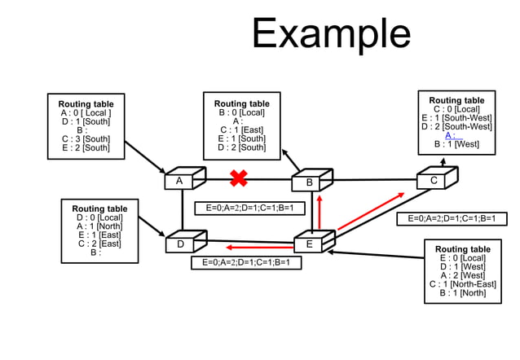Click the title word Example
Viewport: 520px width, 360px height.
click(x=331, y=33)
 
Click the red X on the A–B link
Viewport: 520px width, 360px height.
click(x=239, y=178)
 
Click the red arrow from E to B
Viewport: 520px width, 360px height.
click(x=319, y=212)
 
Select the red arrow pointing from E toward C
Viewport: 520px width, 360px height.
click(x=371, y=211)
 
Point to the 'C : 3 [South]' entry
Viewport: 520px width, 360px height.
click(x=86, y=138)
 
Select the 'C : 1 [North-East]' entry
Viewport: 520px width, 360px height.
click(x=463, y=284)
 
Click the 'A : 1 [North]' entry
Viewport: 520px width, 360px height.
click(x=99, y=226)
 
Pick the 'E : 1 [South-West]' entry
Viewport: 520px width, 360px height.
click(x=456, y=117)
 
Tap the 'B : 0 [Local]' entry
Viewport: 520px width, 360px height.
click(x=241, y=112)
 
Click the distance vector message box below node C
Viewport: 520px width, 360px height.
click(x=451, y=218)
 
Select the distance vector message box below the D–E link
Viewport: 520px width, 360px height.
click(x=246, y=263)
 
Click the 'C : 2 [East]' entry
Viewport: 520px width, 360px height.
click(x=99, y=244)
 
